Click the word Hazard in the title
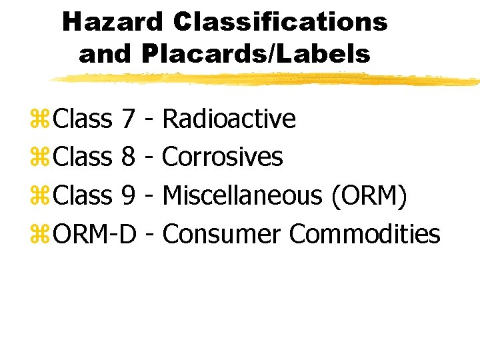(x=112, y=22)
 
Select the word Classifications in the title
(x=280, y=22)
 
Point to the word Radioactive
(x=229, y=119)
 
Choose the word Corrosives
(x=223, y=157)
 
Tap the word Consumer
(x=223, y=234)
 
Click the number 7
(x=129, y=119)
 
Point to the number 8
(x=129, y=158)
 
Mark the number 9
(x=129, y=196)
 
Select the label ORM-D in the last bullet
(x=95, y=234)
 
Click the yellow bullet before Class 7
(x=41, y=120)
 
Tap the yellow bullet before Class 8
(x=41, y=159)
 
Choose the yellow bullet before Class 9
(x=41, y=197)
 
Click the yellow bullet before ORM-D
(x=41, y=235)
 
